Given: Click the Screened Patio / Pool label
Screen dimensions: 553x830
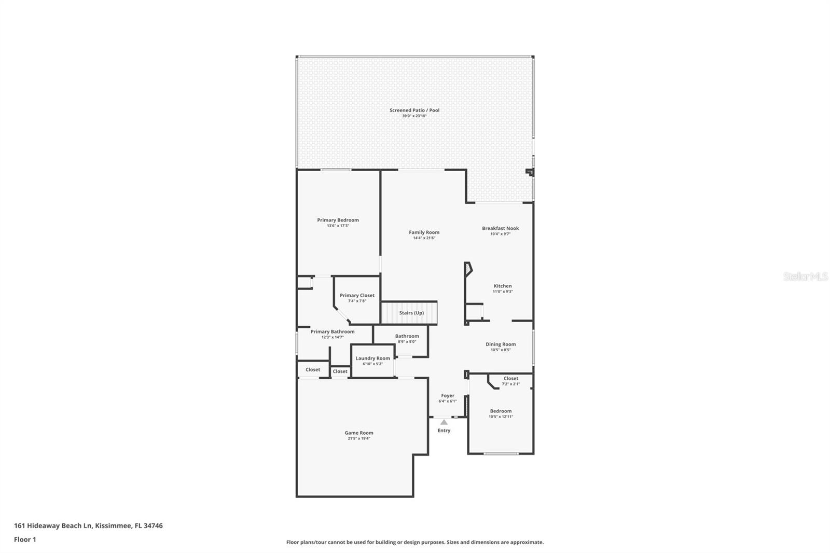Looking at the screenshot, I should coord(414,110).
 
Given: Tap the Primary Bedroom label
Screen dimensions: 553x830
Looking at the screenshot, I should coord(338,220).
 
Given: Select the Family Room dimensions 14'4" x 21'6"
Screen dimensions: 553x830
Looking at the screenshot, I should coord(424,238).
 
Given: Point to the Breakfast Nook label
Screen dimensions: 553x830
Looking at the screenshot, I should coord(500,228).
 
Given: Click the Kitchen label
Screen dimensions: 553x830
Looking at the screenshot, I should coord(502,286).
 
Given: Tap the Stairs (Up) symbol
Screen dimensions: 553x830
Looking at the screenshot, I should coord(410,313).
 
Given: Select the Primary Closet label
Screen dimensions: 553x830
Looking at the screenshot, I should coord(357,296).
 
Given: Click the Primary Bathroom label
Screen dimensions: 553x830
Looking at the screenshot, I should coord(333,331).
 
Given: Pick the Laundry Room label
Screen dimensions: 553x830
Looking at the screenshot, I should coord(372,358).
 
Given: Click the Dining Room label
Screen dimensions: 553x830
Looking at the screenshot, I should coord(501,344).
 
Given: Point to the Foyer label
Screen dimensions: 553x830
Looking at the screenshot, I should coord(447,396).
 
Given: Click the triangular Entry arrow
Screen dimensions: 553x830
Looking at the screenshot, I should coord(444,422).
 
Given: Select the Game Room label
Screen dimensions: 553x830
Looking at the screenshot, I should coord(359,433).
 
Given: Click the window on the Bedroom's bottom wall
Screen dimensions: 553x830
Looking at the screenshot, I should coord(501,454).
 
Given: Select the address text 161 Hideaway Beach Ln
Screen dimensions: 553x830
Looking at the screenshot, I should coord(53,526).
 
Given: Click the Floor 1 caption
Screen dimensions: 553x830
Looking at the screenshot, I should coord(25,540).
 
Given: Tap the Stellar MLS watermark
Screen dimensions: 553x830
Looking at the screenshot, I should coord(805,276).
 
